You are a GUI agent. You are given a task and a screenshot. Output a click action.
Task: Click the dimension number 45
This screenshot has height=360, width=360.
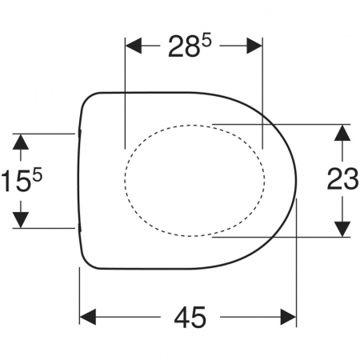coord(190,317)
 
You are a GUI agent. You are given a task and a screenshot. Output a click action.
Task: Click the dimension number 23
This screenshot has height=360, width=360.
coord(342,179)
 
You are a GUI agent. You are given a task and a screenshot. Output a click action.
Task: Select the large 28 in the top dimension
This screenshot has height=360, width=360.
coord(184,46)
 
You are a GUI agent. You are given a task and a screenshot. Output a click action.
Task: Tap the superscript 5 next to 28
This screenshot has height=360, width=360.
coord(206,41)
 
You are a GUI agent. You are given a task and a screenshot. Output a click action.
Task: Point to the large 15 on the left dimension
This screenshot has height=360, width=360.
coord(16,182)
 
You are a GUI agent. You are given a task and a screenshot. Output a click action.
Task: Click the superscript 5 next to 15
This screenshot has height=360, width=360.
coord(38,176)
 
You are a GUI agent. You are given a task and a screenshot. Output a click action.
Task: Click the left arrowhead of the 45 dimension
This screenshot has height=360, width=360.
coord(88,317)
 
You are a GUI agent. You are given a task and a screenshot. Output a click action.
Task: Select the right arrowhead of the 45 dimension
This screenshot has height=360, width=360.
coord(288,317)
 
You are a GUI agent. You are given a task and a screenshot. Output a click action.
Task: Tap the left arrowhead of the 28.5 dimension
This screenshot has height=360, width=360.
coord(134,46)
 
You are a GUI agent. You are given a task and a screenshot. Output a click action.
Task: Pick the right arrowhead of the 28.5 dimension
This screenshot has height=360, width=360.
coord(254,46)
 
